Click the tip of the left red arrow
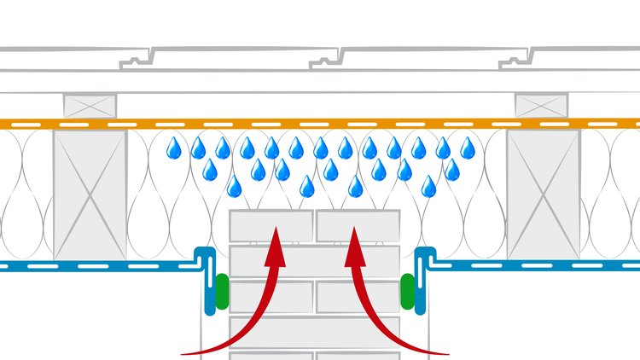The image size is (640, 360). tap(275, 228)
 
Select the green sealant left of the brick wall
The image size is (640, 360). tap(222, 290)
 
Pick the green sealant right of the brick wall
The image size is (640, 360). tap(408, 290)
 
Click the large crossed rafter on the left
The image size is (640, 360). tap(90, 195)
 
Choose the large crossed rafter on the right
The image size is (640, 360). tap(543, 195)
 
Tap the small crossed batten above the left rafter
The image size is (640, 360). tap(90, 105)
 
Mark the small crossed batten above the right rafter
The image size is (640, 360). tap(541, 105)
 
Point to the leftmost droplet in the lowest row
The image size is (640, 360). tap(234, 186)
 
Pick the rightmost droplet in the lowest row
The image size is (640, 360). tap(429, 186)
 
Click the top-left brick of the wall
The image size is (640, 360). tap(271, 226)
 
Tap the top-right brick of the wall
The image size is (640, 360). tap(358, 226)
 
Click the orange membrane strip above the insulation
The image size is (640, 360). tap(320, 124)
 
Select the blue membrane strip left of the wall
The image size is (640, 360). tap(94, 265)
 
